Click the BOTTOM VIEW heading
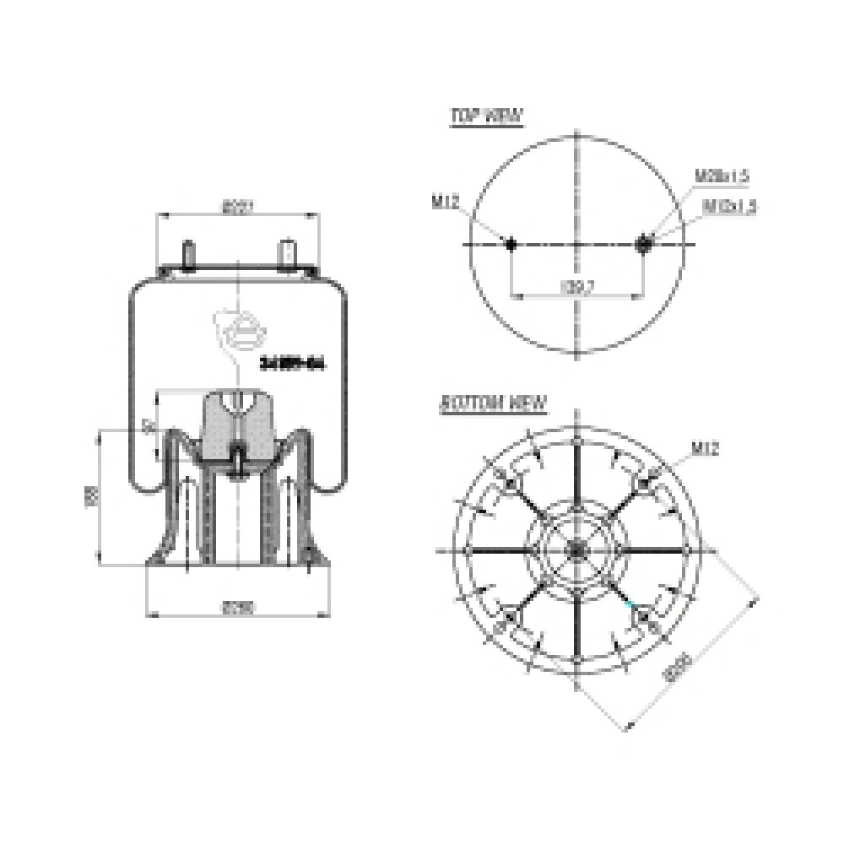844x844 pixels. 493,403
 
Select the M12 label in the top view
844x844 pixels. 445,201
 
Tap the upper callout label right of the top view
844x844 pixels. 722,176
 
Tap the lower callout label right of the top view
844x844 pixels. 728,205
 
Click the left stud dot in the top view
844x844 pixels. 511,244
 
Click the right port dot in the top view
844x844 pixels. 644,244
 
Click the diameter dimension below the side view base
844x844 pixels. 238,605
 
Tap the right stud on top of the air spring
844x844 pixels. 288,255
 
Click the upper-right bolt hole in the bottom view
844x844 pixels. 646,482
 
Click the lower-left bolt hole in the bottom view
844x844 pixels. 509,621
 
